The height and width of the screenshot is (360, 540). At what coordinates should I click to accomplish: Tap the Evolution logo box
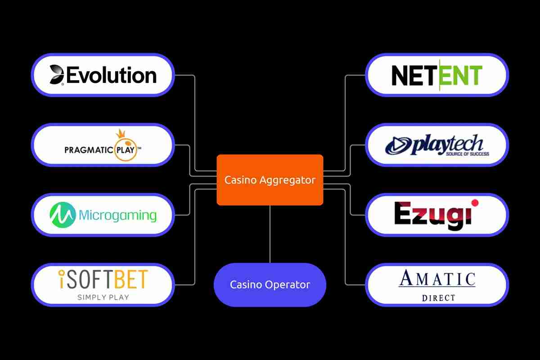coord(103,75)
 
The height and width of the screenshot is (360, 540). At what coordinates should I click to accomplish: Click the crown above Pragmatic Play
coord(120,134)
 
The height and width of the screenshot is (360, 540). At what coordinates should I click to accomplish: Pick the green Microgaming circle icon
coord(62,215)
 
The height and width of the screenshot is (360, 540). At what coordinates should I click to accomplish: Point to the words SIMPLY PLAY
coord(103,297)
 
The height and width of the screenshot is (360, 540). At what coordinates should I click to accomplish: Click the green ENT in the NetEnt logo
coord(461,76)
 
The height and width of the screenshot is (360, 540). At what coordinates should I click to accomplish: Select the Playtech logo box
coord(437,145)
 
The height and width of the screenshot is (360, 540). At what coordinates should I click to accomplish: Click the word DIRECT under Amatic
coord(438,298)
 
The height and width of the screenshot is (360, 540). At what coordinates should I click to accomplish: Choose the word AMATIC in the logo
coord(437,279)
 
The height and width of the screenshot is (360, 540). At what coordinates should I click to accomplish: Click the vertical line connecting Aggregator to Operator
coord(270,234)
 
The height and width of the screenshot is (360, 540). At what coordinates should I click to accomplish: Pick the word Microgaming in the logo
coord(117,215)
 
